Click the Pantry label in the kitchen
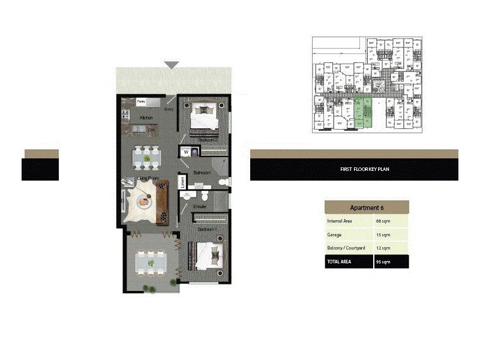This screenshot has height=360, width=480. [x=142, y=101]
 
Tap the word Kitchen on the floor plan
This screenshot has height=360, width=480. [x=146, y=118]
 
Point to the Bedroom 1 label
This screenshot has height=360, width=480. [x=207, y=230]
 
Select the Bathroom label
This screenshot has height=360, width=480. [x=202, y=173]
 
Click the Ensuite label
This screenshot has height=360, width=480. [x=200, y=206]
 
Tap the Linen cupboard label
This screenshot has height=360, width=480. [x=182, y=182]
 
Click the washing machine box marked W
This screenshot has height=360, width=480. [x=186, y=152]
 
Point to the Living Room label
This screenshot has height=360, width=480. [x=147, y=178]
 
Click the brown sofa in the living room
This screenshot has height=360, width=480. [x=161, y=202]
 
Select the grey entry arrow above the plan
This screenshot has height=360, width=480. [x=172, y=65]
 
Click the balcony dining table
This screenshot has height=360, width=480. [x=151, y=262]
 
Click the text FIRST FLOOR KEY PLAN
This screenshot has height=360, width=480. [x=365, y=170]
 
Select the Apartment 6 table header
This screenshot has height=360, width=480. [x=367, y=208]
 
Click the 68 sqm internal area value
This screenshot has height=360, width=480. [x=383, y=221]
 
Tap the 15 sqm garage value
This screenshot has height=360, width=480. [x=383, y=235]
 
